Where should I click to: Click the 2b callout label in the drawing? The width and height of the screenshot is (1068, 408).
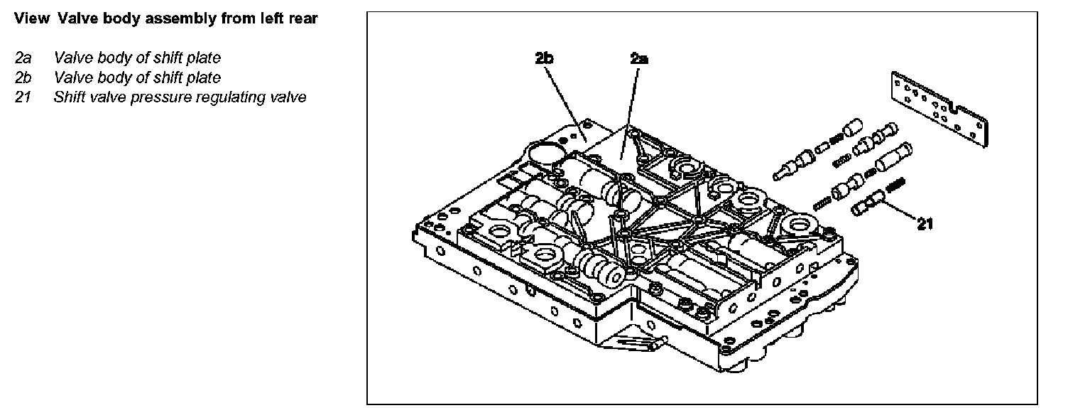click(x=545, y=60)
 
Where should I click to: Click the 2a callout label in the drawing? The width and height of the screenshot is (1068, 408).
click(x=639, y=60)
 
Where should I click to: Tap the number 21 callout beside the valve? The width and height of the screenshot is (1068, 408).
click(x=924, y=224)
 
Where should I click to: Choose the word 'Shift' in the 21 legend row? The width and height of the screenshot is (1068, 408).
click(x=70, y=97)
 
